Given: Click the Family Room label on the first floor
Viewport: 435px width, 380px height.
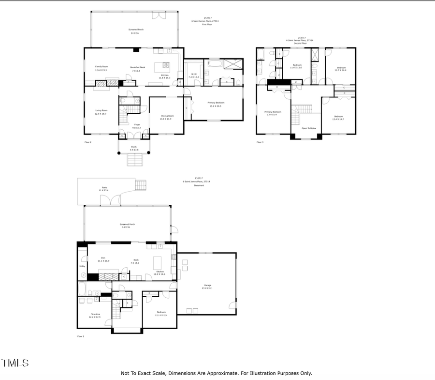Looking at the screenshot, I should (101, 66).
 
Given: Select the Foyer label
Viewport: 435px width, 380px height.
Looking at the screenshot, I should (137, 124).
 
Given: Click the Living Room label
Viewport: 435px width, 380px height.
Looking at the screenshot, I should (101, 110).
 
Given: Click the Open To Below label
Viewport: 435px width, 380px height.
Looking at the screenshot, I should (309, 128).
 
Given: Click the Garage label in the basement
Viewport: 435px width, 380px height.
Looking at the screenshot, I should (207, 286).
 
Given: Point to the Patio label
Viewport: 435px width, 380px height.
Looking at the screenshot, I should (104, 187).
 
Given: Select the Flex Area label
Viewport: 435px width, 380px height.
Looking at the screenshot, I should (95, 314).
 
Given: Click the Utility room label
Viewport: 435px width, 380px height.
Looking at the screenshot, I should (82, 266).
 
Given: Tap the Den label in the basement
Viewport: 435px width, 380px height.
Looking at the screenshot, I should (103, 258).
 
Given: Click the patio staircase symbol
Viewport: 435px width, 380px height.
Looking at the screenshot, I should (140, 185).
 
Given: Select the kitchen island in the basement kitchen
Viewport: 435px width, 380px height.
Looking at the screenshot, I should (157, 263).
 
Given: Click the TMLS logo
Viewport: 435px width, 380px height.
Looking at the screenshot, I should (15, 363).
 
